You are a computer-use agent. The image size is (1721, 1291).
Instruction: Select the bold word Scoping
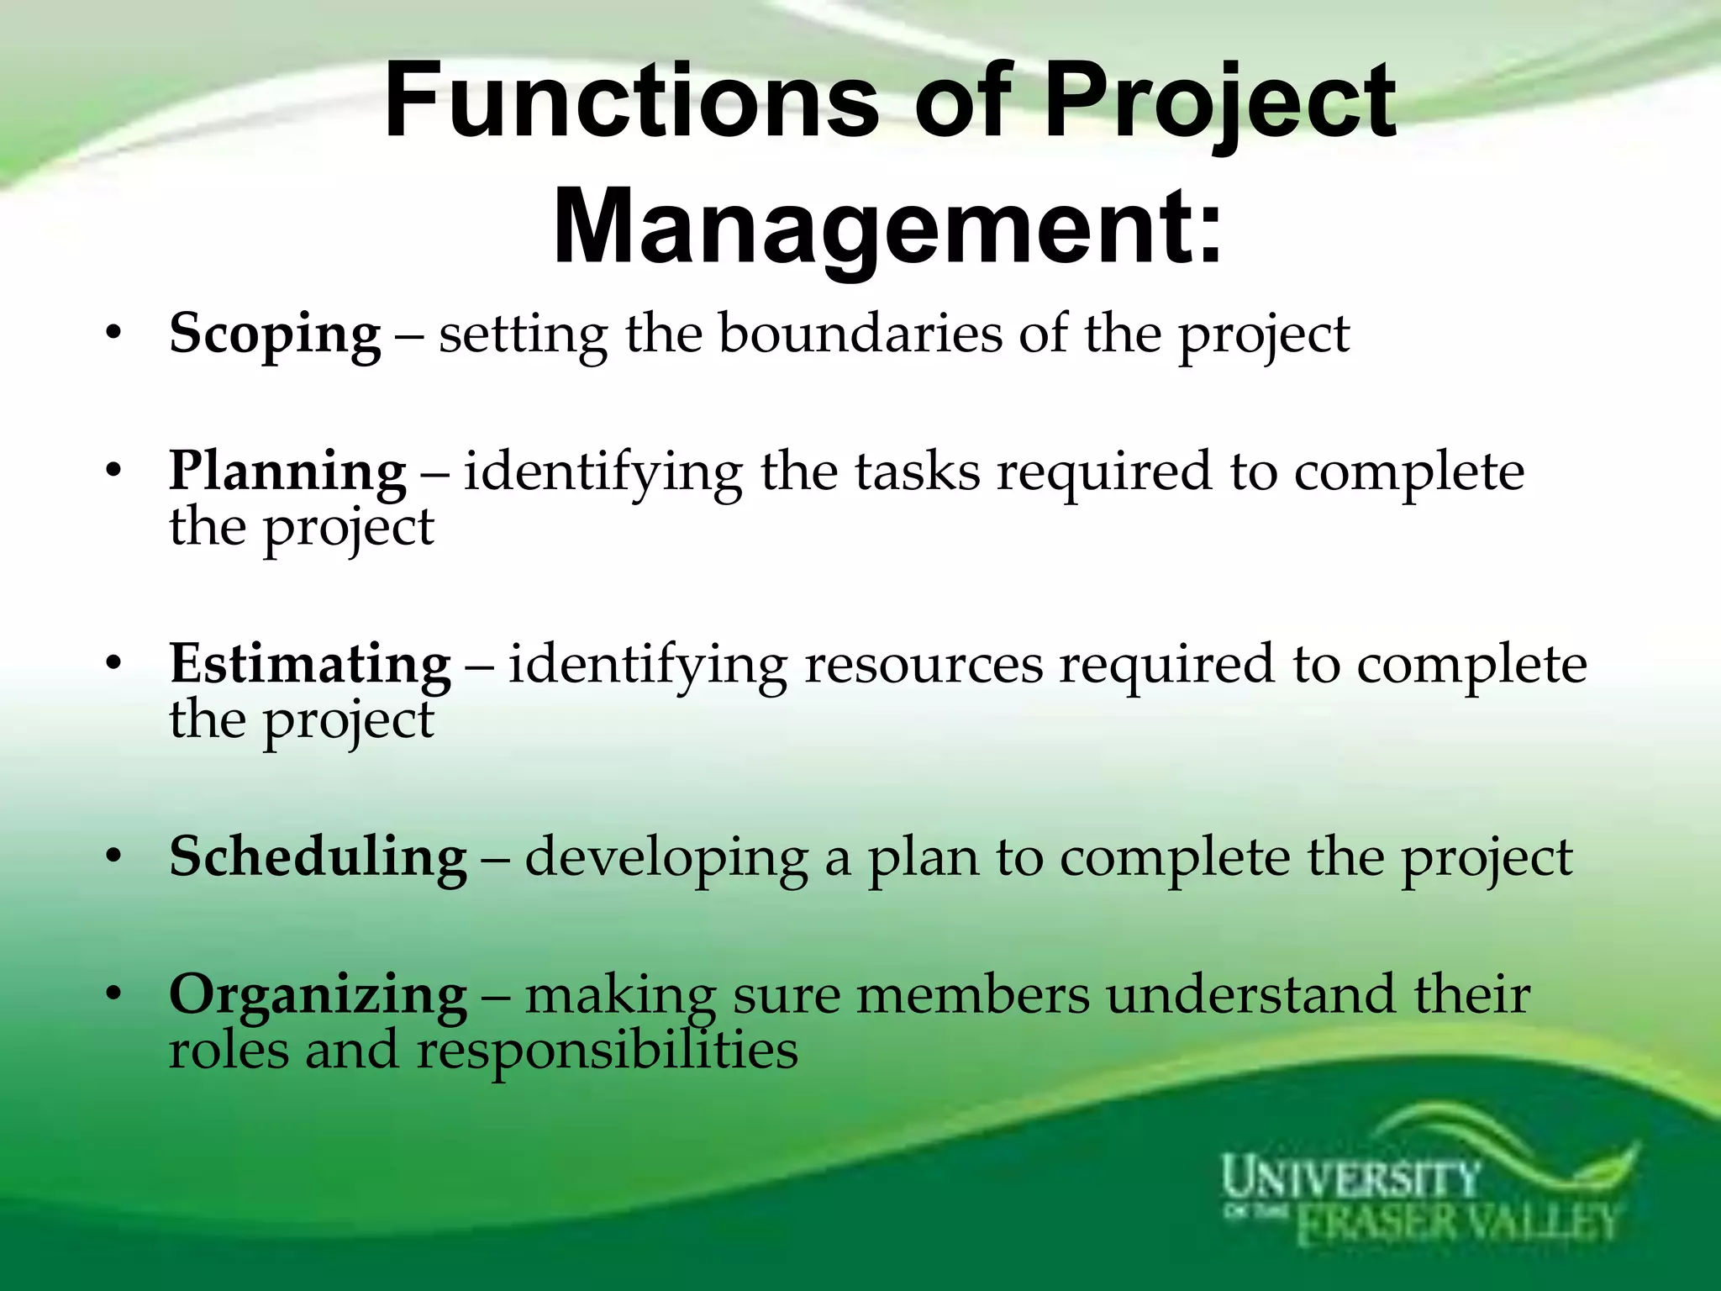275,335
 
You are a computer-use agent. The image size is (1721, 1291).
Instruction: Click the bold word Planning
287,472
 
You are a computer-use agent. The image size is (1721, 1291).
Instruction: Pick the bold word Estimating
310,664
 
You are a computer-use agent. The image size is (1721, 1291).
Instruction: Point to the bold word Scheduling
318,857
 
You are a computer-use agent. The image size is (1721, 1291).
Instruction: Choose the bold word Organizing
318,995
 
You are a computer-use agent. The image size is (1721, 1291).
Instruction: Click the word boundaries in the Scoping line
860,334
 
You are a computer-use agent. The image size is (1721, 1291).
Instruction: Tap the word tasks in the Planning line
917,472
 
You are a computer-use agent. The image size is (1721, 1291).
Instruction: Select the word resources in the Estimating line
924,664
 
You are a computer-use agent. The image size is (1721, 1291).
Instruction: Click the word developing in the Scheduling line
666,859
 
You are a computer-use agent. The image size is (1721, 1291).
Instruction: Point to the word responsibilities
607,1051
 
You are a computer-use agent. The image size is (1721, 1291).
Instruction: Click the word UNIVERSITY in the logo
1349,1178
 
